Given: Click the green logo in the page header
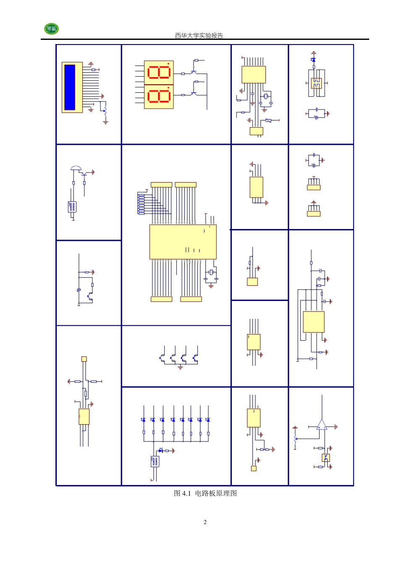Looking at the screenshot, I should click(51, 29).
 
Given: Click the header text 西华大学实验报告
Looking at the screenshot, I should click(199, 36).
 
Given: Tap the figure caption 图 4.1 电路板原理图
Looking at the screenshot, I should click(205, 493).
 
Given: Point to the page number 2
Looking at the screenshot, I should click(205, 522).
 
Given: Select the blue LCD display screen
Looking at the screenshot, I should click(70, 87).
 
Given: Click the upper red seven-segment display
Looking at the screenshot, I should click(159, 72).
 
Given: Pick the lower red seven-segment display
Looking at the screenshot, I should click(159, 96).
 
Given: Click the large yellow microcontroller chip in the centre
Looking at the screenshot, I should click(183, 242).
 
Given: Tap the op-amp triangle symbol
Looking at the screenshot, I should click(322, 425).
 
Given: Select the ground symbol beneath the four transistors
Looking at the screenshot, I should click(180, 367).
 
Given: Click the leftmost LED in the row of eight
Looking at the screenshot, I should click(144, 420).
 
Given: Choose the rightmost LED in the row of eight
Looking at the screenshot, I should click(208, 420).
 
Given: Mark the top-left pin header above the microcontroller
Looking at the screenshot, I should click(161, 185).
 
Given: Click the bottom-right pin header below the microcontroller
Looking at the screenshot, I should click(191, 299).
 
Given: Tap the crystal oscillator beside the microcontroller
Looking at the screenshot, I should click(211, 272).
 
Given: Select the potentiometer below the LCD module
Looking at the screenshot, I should click(105, 111).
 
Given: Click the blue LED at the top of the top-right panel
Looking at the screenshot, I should click(313, 60).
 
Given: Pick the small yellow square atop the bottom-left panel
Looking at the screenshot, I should click(84, 359).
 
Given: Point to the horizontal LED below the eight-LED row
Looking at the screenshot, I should click(161, 451).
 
